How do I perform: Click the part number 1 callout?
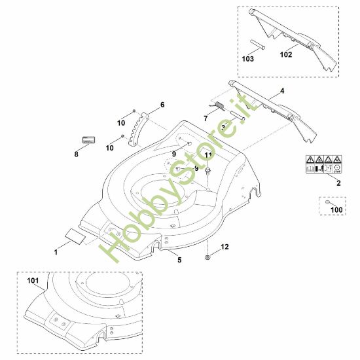(x=56, y=251)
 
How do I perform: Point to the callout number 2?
(x=338, y=184)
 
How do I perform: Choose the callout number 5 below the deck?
(x=179, y=260)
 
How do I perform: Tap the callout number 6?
(x=162, y=105)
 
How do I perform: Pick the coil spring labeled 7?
(x=219, y=106)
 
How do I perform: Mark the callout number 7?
(x=205, y=118)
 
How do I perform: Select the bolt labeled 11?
(x=207, y=170)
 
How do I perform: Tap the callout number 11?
(x=208, y=154)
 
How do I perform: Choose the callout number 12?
(x=225, y=247)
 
